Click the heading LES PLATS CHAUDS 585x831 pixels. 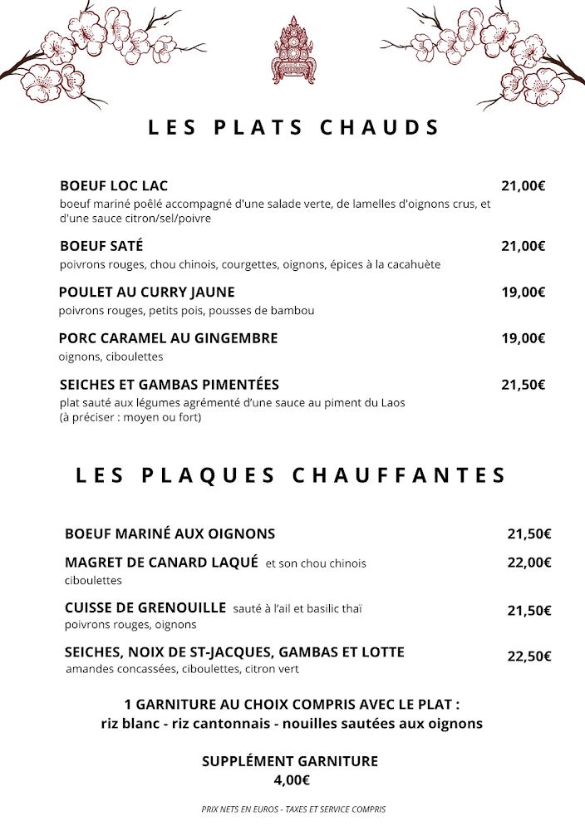[293, 128]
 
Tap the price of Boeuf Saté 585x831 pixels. [523, 246]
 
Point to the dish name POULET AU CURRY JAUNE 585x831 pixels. [147, 292]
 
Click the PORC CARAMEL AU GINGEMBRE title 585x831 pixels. [168, 338]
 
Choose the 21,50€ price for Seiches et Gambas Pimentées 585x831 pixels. [523, 385]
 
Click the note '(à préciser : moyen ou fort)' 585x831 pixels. [130, 418]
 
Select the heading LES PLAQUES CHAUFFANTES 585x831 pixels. [291, 475]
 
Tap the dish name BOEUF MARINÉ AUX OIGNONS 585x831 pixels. [170, 534]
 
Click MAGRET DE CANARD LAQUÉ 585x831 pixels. [161, 563]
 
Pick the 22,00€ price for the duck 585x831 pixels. [529, 563]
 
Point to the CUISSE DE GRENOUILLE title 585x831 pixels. [145, 607]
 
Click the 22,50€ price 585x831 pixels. [529, 656]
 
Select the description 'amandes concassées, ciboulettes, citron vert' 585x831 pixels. [182, 669]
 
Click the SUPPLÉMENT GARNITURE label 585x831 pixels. [290, 761]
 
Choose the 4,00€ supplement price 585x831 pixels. [292, 780]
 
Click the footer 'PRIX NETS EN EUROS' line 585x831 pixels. [293, 809]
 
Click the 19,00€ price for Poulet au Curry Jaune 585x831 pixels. [523, 293]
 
